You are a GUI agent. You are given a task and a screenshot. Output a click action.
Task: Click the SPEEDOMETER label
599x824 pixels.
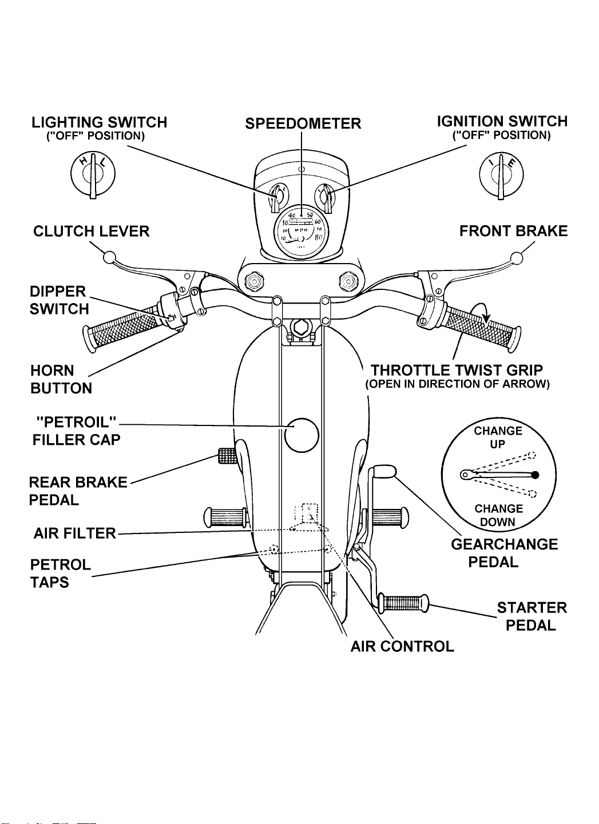coord(303,124)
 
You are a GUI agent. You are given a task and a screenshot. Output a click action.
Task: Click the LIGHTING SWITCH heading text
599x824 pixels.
coord(100,122)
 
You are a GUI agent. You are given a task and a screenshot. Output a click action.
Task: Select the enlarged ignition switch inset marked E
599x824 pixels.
coord(501,174)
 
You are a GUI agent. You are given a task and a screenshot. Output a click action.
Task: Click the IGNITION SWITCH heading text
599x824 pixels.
coord(502,121)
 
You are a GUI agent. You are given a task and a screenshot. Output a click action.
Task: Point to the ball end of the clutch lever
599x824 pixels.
coord(109,257)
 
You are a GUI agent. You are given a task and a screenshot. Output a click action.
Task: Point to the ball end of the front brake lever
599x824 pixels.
coord(517,258)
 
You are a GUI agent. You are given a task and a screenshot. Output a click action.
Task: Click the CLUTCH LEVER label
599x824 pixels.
coord(92,231)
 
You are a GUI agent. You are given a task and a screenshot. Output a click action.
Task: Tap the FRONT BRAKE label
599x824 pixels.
coord(513,231)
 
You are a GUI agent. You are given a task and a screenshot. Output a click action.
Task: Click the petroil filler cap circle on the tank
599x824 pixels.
coord(302,435)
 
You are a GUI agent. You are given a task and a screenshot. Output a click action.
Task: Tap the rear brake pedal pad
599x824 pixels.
coord(227,456)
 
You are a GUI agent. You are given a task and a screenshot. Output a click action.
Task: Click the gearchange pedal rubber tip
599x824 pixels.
coord(385,472)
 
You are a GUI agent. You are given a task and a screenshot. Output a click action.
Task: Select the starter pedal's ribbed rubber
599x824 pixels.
coord(403,602)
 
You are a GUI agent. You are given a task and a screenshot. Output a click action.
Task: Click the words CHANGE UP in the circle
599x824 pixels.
coord(498,437)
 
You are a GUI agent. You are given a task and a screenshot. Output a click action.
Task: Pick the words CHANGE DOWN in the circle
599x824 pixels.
coord(498,515)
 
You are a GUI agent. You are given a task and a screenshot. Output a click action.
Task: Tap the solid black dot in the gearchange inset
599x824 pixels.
coord(535,475)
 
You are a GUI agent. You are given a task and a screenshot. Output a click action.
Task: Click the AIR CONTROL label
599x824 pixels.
coord(402,646)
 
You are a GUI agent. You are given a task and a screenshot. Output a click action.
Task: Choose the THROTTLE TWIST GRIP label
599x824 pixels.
coord(457,370)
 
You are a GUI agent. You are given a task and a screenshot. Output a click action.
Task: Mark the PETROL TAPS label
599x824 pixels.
coord(60,574)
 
